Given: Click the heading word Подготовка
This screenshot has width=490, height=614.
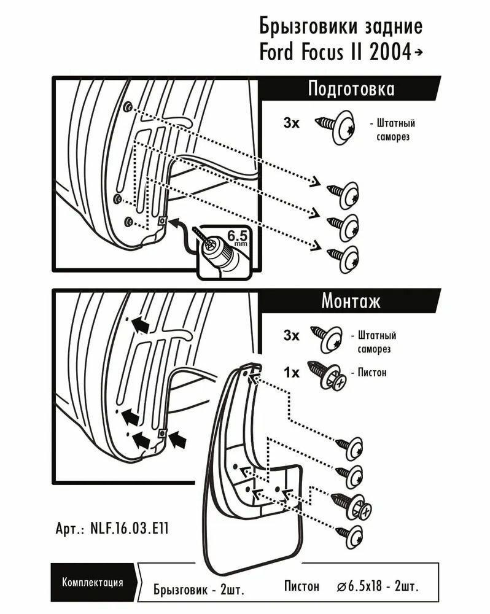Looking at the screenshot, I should click(x=351, y=89).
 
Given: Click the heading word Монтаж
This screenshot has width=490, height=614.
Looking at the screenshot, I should click(x=351, y=301).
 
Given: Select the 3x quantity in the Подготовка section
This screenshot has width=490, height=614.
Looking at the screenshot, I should click(x=291, y=123).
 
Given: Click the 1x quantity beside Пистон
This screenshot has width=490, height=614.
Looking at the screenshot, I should click(x=291, y=373).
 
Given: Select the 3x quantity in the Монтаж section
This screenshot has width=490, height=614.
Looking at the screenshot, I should click(x=291, y=336).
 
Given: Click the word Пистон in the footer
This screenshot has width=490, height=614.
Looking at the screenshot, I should click(x=302, y=586).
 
